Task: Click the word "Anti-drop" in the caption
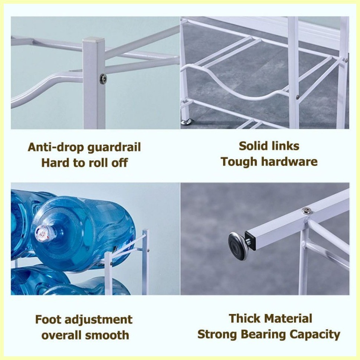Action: click(x=56, y=147)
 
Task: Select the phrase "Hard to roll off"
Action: click(x=84, y=163)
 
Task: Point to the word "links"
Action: click(x=285, y=146)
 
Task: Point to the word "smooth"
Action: click(x=110, y=335)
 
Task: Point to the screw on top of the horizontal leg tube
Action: click(x=306, y=211)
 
